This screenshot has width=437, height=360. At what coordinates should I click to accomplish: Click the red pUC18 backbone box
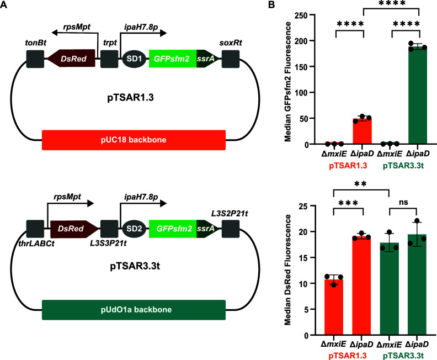coord(134,140)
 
